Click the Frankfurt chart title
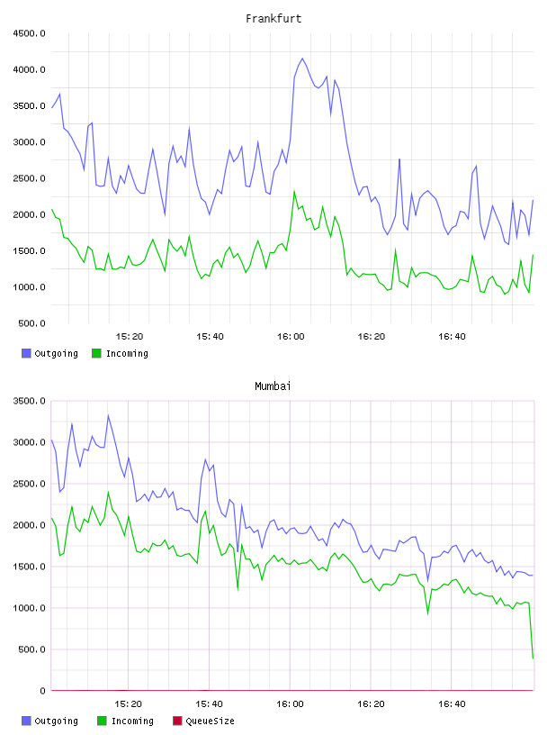[273, 19]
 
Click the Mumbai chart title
[273, 386]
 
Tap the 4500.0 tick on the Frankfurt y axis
[30, 33]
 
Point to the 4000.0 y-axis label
[30, 70]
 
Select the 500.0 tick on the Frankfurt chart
[31, 323]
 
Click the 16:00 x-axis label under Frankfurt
[291, 337]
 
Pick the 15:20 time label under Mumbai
[129, 704]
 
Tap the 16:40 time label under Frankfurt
[452, 337]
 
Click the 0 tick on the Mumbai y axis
[42, 691]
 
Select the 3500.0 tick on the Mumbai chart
[30, 401]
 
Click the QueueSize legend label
[210, 721]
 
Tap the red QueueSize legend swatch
[177, 721]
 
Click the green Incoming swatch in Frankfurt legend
[96, 353]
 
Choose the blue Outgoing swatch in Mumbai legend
[26, 721]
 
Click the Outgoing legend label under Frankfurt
[56, 353]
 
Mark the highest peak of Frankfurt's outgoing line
[302, 59]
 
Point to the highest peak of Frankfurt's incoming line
[294, 191]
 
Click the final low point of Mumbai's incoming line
[533, 658]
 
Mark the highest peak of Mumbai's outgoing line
[108, 415]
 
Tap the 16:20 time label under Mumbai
[371, 704]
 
